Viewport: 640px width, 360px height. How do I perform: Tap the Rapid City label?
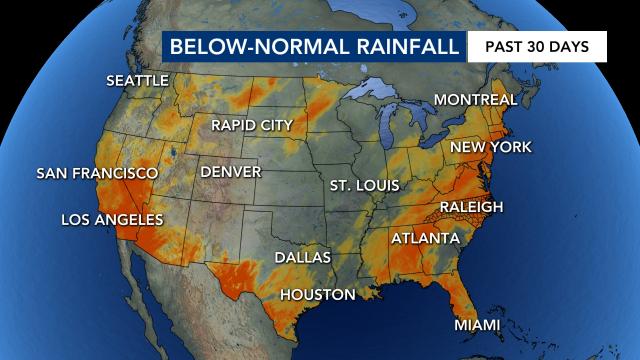point(251,125)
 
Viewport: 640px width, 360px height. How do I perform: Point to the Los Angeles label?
point(112,219)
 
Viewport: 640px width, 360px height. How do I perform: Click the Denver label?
point(230,172)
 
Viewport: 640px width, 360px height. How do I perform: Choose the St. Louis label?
point(364,185)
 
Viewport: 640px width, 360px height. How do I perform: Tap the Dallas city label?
point(302,257)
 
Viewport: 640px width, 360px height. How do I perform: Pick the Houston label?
point(317,294)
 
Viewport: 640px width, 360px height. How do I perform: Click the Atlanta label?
point(425,238)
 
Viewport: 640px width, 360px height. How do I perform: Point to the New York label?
point(490,147)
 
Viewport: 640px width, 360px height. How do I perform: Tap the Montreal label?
point(474,100)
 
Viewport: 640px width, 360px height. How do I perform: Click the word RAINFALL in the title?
point(400,47)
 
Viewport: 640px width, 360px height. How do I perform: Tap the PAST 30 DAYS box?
point(538,47)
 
